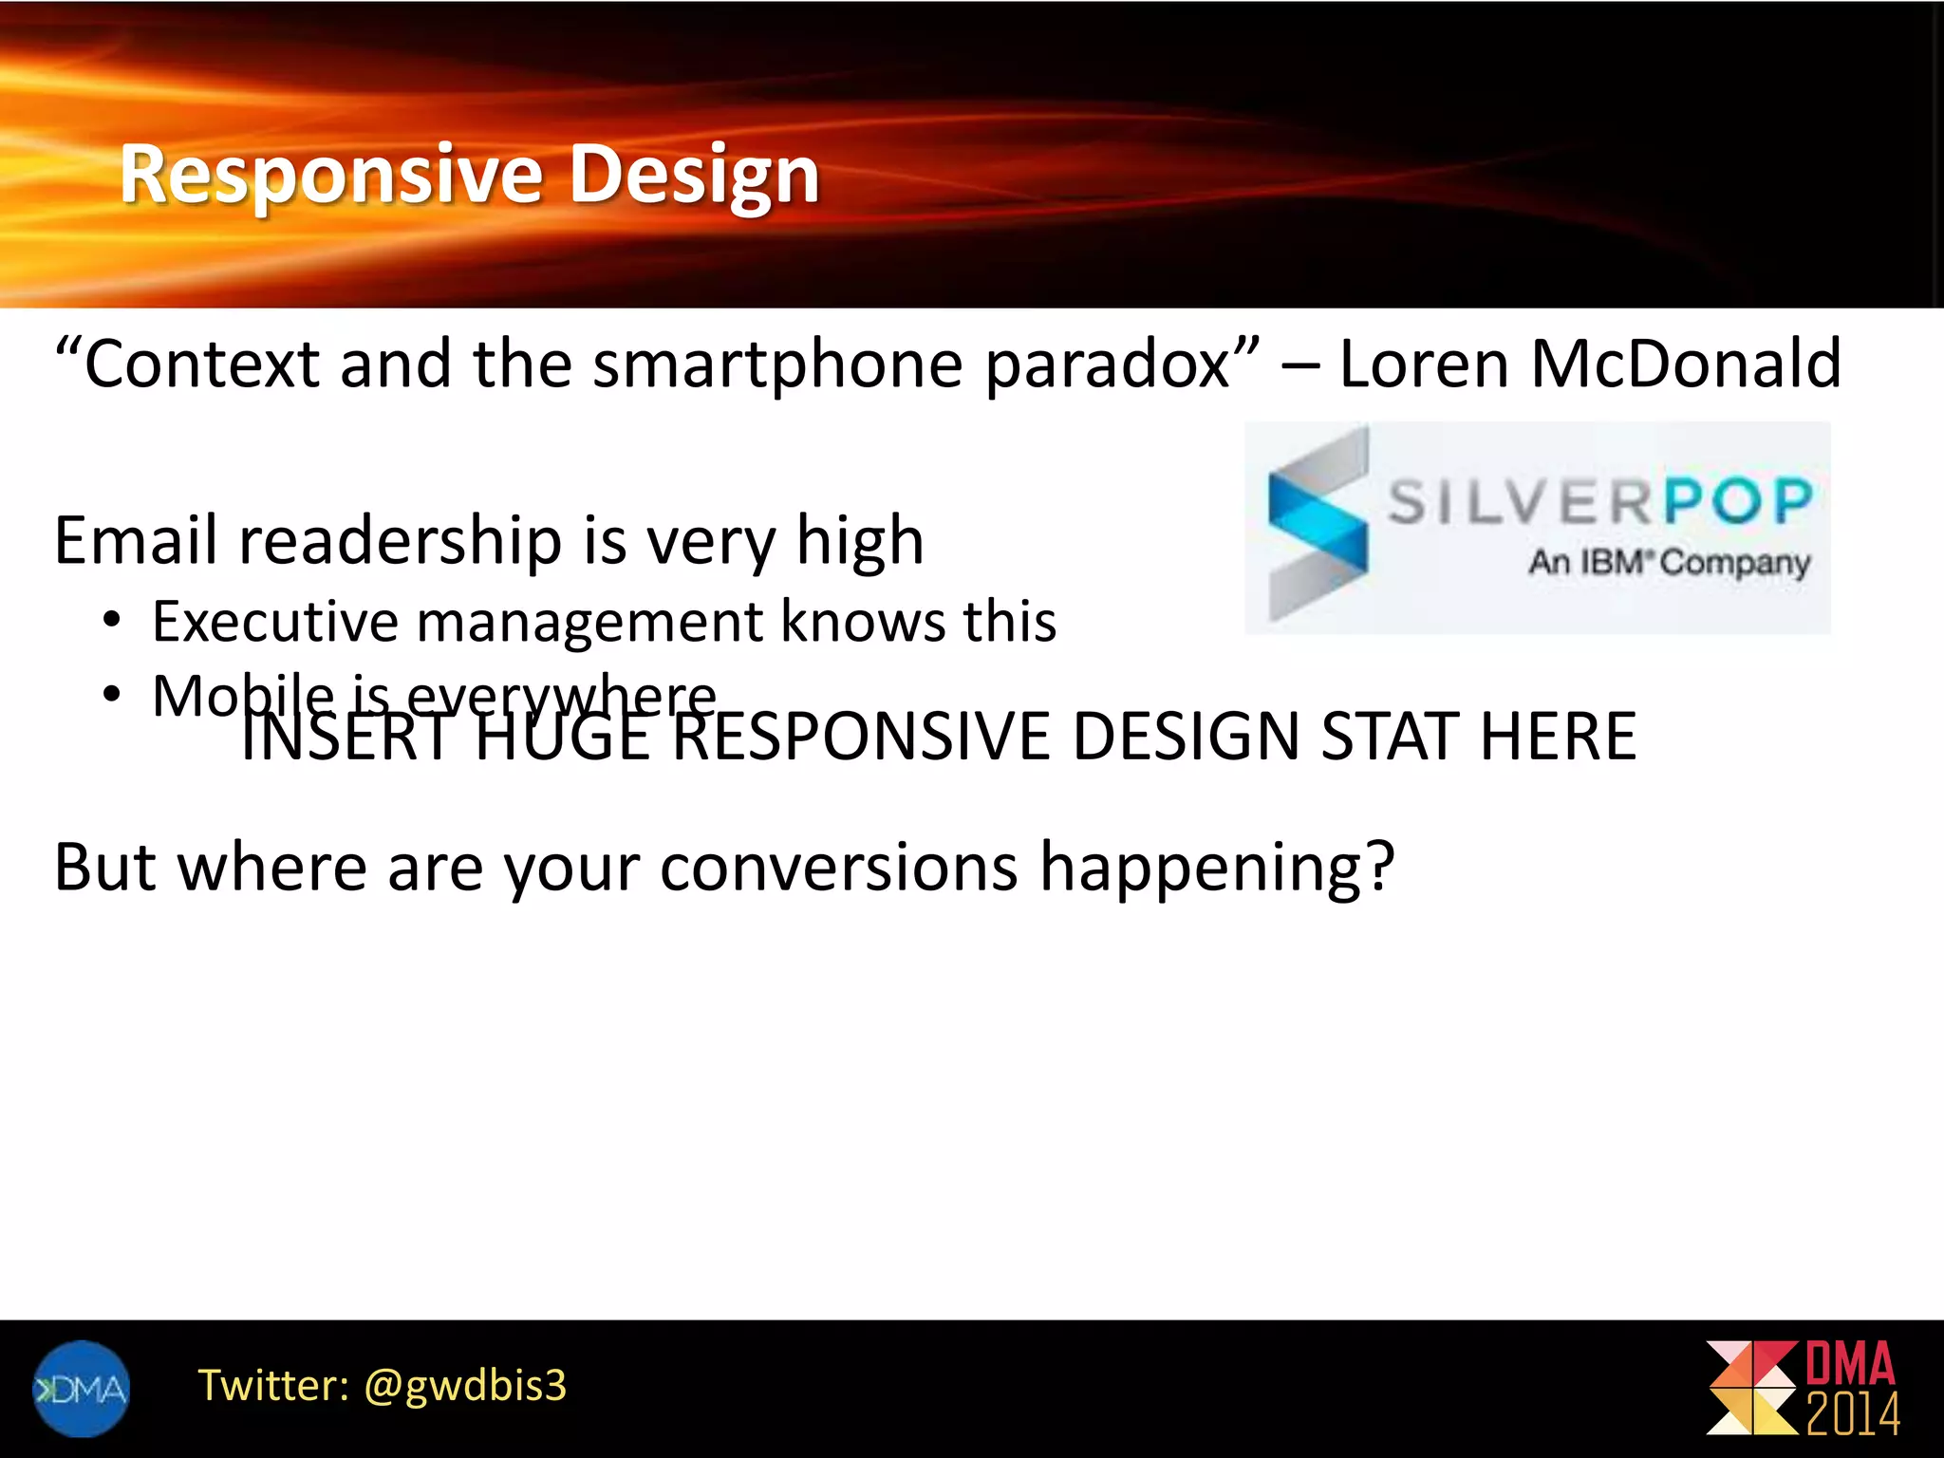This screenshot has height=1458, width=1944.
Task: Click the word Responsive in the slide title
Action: click(x=330, y=175)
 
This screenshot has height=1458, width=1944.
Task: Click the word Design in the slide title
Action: click(x=693, y=175)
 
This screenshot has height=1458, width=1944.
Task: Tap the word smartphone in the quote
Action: click(x=778, y=364)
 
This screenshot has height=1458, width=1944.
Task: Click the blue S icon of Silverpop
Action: click(x=1318, y=524)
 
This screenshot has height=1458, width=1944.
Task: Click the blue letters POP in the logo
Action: click(x=1739, y=501)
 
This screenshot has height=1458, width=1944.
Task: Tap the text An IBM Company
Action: click(x=1669, y=562)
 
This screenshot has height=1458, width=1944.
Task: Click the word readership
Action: click(x=401, y=541)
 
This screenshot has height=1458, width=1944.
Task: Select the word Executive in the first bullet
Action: click(x=273, y=622)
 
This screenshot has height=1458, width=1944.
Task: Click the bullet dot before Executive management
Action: click(x=112, y=622)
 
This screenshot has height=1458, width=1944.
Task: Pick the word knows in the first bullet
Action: click(x=864, y=622)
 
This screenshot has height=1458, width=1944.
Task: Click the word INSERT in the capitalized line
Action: click(x=346, y=738)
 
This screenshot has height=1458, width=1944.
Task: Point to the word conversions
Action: click(x=839, y=867)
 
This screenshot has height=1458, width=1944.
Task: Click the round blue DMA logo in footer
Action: click(x=81, y=1389)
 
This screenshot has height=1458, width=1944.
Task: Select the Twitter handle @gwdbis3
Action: click(x=465, y=1386)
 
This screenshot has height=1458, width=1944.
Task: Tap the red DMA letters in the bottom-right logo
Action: click(x=1849, y=1365)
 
